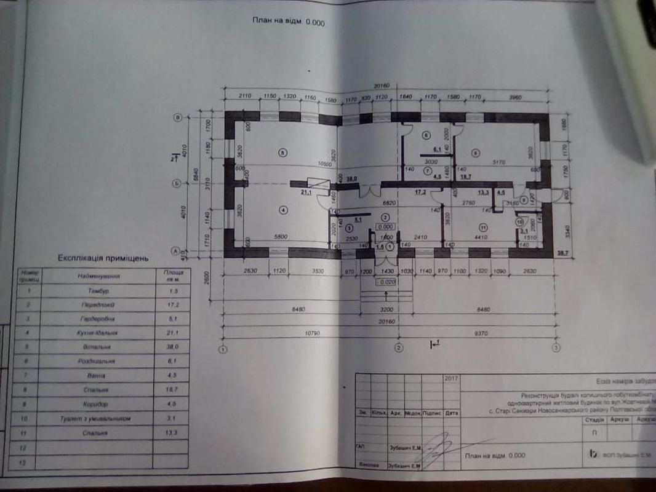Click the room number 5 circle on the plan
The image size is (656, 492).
point(282,153)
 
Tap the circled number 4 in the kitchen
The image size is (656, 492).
point(282,210)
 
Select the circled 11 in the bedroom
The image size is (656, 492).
point(484,227)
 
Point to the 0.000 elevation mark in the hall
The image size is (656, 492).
point(386,226)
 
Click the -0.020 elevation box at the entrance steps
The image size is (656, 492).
point(386,282)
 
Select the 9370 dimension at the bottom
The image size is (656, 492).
point(480,335)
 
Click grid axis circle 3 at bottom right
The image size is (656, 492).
point(556,348)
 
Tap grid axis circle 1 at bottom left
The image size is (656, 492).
point(223,349)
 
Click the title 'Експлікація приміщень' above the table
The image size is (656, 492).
point(103,259)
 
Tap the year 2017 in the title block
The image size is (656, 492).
point(450,379)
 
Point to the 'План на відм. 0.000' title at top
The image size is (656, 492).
point(287,22)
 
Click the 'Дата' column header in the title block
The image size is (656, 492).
point(451,413)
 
